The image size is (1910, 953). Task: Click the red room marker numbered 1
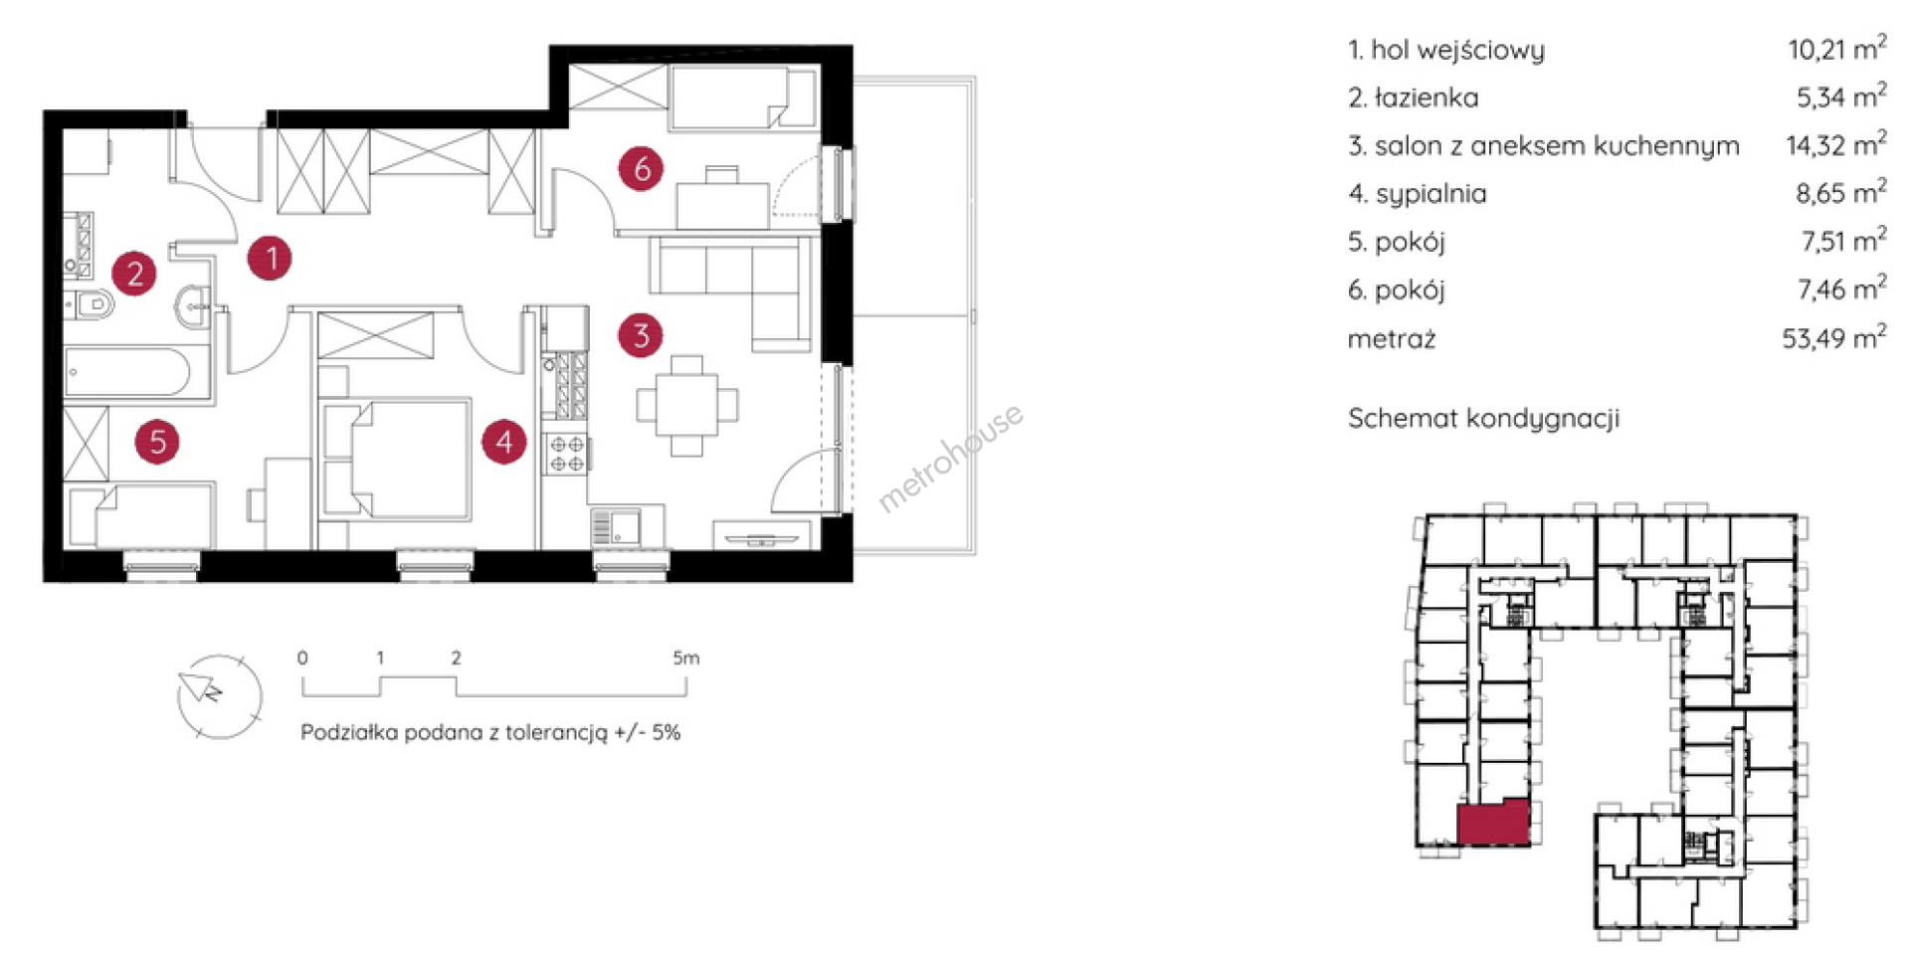[270, 259]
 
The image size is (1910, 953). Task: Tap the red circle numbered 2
[134, 273]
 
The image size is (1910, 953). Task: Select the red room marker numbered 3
[641, 335]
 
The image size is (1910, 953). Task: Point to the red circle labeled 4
[504, 441]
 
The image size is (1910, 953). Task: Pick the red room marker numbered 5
[157, 442]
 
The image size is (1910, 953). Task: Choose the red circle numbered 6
[642, 168]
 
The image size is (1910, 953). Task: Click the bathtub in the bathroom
[127, 374]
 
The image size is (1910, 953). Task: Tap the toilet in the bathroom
[93, 303]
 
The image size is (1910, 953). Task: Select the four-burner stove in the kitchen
[566, 454]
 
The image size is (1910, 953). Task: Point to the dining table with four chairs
[686, 405]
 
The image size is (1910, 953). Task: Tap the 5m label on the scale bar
[685, 658]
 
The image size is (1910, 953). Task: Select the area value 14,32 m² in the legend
[1835, 145]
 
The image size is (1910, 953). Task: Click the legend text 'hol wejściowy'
[1457, 50]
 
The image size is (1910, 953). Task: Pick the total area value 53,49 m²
[1833, 338]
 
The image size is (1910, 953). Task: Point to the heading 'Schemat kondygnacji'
[1483, 418]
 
